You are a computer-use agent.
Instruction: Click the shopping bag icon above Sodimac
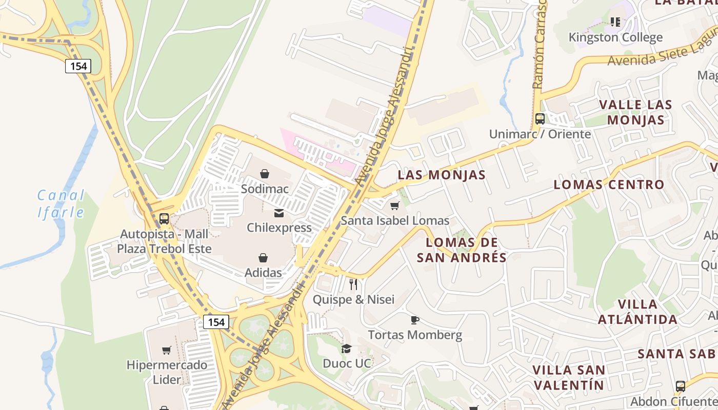(x=265, y=174)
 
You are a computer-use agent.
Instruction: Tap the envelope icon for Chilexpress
(x=279, y=213)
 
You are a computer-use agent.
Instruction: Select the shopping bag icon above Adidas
(x=263, y=258)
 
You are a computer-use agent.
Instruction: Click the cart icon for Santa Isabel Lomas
(x=394, y=206)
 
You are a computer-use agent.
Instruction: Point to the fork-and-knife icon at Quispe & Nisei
(x=353, y=284)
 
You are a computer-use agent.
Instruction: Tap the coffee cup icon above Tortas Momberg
(x=415, y=320)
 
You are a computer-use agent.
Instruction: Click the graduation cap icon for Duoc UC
(x=347, y=349)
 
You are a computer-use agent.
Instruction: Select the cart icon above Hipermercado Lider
(x=167, y=351)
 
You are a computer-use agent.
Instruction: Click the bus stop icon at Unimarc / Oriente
(x=540, y=119)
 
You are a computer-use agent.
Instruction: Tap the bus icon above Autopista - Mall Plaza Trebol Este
(x=164, y=219)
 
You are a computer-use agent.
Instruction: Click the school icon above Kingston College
(x=615, y=22)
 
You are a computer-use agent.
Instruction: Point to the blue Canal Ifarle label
(x=61, y=203)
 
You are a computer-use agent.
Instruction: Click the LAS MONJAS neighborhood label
(x=442, y=175)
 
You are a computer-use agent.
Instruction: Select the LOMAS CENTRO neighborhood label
(x=609, y=184)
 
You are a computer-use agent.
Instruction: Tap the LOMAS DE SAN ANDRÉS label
(x=462, y=250)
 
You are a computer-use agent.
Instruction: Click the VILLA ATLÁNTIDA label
(x=637, y=312)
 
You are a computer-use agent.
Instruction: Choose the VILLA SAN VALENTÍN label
(x=568, y=377)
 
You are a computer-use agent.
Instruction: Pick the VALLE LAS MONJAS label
(x=635, y=112)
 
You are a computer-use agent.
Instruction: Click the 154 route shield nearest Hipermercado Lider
(x=216, y=322)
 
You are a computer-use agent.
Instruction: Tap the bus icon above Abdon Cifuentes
(x=681, y=386)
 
